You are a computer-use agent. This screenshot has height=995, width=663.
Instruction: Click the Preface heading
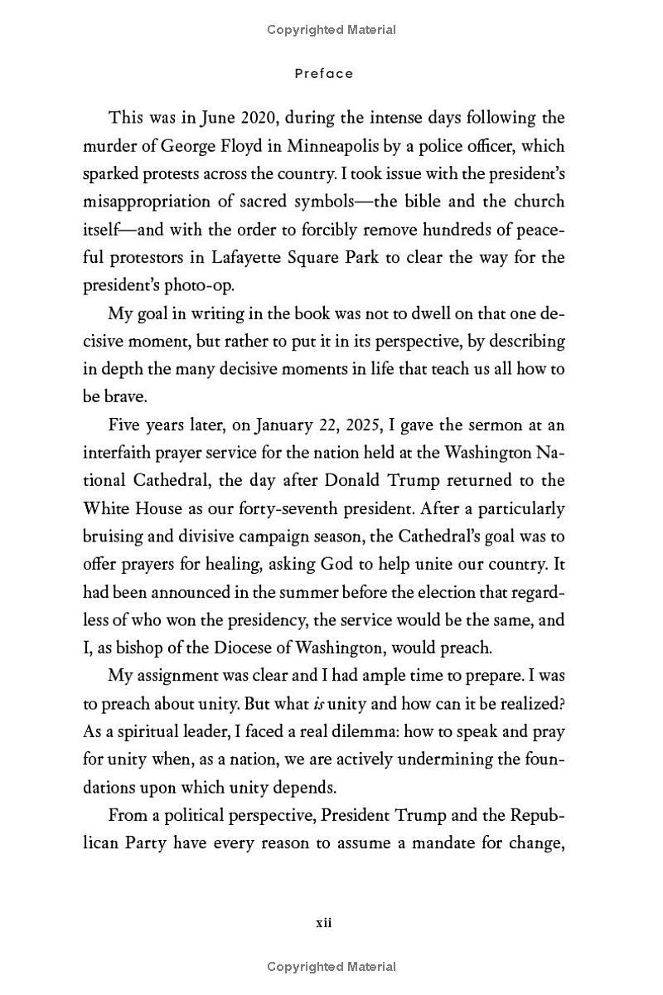click(324, 74)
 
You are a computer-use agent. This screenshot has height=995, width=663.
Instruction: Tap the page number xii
click(324, 923)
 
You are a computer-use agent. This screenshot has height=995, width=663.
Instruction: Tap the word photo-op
click(199, 285)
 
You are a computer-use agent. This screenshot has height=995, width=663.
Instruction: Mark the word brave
click(124, 396)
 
